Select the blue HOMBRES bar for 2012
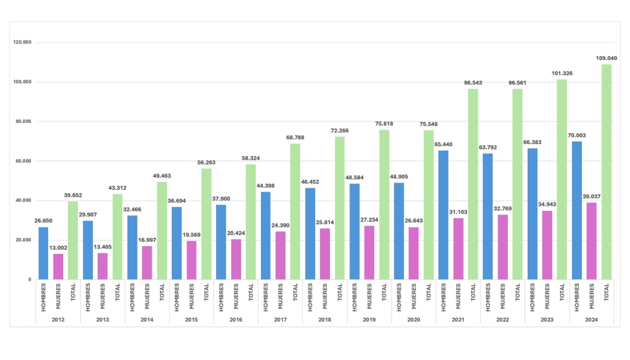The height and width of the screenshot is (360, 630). pyautogui.click(x=43, y=253)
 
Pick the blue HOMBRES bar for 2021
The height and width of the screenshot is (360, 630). pyautogui.click(x=443, y=215)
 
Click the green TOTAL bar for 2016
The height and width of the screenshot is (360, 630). pyautogui.click(x=251, y=222)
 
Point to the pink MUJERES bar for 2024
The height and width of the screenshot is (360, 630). pyautogui.click(x=591, y=241)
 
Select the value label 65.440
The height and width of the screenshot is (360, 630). pyautogui.click(x=443, y=145)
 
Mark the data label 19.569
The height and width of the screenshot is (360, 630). pyautogui.click(x=191, y=235)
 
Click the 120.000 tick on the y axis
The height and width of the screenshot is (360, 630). pyautogui.click(x=22, y=42)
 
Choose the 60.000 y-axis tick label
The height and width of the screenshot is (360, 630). pyautogui.click(x=23, y=161)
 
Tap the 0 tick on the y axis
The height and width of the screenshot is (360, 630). pyautogui.click(x=29, y=280)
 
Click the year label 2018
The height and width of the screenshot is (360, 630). pyautogui.click(x=325, y=319)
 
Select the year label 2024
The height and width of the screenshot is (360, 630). pyautogui.click(x=591, y=319)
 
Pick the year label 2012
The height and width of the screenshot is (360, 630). pyautogui.click(x=58, y=319)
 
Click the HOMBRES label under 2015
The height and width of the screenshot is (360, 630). pyautogui.click(x=177, y=296)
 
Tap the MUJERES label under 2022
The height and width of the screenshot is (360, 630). pyautogui.click(x=503, y=296)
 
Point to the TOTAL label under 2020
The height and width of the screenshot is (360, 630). pyautogui.click(x=429, y=293)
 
